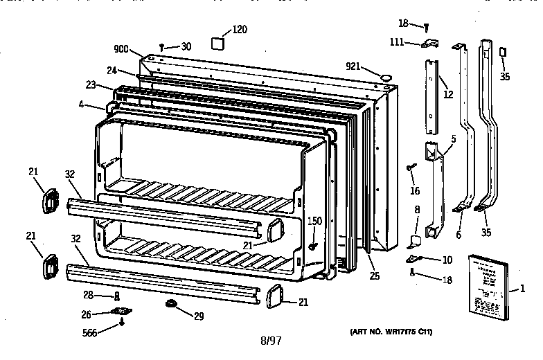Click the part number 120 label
click(239, 29)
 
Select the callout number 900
click(123, 48)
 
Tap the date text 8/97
click(271, 341)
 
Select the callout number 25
click(375, 277)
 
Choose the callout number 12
click(448, 93)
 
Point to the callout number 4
click(82, 105)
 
